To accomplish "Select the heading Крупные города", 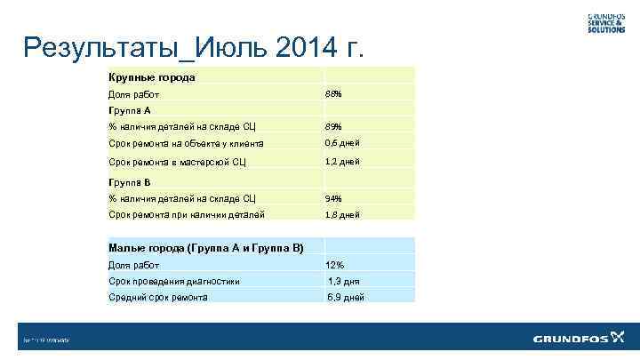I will (x=151, y=77).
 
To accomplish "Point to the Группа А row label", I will (x=131, y=111).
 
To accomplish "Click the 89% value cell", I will (x=334, y=127).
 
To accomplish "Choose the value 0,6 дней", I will (x=342, y=143).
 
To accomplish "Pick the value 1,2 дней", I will (x=342, y=162).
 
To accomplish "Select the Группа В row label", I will (x=131, y=182).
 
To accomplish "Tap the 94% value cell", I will (x=334, y=198).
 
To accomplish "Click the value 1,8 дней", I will (x=342, y=215).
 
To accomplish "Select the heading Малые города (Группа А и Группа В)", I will (x=205, y=248).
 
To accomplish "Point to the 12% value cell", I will (x=335, y=265).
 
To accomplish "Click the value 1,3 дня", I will (x=344, y=281).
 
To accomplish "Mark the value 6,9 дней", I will (x=346, y=297).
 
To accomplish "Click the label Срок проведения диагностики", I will (x=173, y=281).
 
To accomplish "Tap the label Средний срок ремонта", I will (x=158, y=297).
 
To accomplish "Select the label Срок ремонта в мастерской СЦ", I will (x=176, y=162).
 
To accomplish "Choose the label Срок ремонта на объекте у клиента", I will (x=185, y=143).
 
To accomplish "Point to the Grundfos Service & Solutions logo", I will (x=604, y=23).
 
